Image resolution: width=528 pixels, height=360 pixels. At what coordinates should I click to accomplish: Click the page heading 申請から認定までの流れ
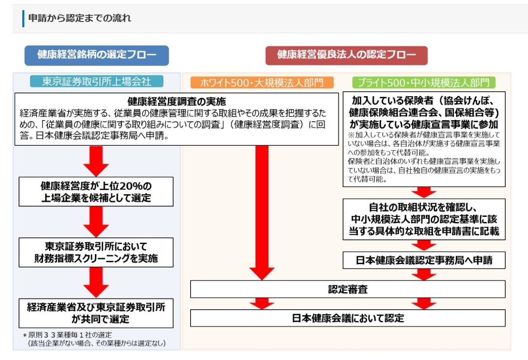80,18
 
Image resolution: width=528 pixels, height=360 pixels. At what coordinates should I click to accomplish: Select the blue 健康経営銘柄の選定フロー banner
97,55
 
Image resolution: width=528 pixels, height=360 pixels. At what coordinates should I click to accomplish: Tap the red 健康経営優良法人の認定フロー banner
346,55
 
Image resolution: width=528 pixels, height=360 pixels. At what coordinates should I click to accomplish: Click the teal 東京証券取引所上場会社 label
97,82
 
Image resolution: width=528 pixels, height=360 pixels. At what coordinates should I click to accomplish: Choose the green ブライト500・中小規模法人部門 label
424,83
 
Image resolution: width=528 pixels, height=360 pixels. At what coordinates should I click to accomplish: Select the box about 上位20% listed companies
96,192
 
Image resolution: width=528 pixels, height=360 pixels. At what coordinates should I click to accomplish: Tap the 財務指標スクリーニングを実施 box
96,252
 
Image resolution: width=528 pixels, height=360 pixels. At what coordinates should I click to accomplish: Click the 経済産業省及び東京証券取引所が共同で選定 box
96,313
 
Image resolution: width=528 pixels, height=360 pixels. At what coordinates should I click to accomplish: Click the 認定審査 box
347,289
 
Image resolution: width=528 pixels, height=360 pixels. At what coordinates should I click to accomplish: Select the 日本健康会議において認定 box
347,318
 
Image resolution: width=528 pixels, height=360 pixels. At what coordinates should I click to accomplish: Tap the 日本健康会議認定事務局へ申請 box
424,261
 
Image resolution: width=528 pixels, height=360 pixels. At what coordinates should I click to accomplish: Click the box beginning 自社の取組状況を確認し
424,219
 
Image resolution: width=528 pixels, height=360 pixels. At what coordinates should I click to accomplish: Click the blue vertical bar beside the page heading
24,19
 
